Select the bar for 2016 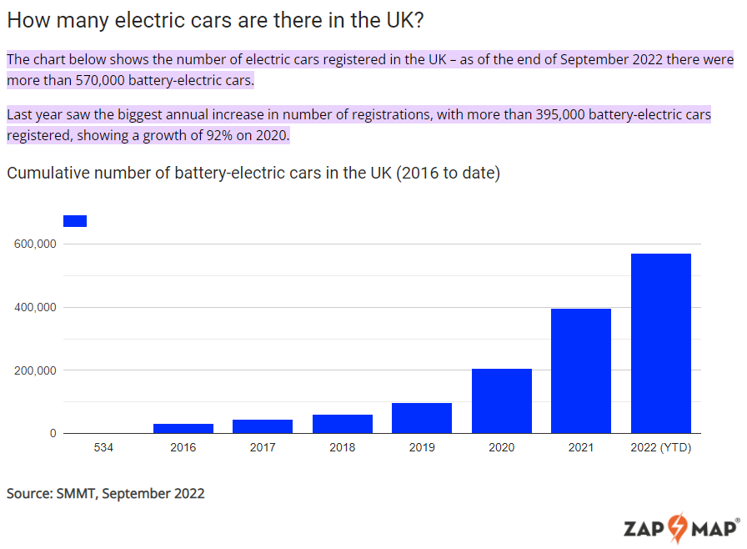click(183, 428)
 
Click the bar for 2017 click(263, 426)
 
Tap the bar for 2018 click(343, 424)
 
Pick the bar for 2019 click(422, 418)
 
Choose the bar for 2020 click(502, 400)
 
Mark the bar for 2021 click(581, 370)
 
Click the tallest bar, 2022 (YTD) click(661, 343)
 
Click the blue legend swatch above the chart click(75, 221)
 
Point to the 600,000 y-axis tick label click(35, 244)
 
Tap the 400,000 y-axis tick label click(35, 307)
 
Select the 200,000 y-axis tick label click(35, 370)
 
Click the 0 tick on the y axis click(53, 433)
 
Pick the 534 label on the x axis click(103, 447)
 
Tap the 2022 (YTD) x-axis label click(661, 447)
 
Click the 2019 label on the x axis click(422, 447)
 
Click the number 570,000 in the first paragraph click(100, 80)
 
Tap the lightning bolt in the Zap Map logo click(678, 528)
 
